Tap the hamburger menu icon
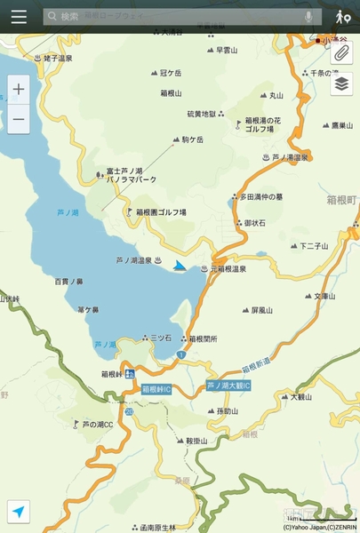19,16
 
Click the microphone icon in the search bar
308,16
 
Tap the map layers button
341,84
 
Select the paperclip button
341,53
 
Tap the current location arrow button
19,511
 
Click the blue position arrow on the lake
180,266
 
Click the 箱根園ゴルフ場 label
160,212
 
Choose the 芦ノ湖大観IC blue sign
228,386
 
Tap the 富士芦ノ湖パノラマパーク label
131,175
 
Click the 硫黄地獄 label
201,114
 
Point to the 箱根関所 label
203,338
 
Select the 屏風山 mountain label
265,311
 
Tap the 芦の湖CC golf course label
97,425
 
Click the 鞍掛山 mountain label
196,441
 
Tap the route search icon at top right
342,16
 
